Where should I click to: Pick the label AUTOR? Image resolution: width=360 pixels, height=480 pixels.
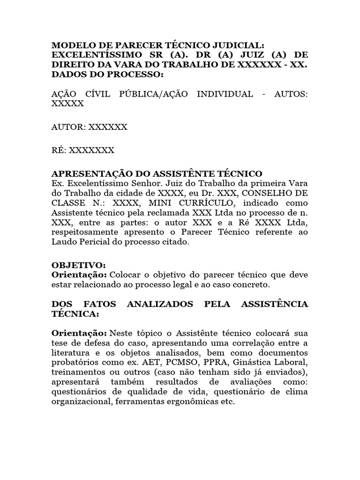tap(68, 127)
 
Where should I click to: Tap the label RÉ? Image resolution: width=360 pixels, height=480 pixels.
tap(60, 150)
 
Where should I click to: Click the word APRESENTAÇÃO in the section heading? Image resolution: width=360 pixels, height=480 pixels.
tap(89, 173)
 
